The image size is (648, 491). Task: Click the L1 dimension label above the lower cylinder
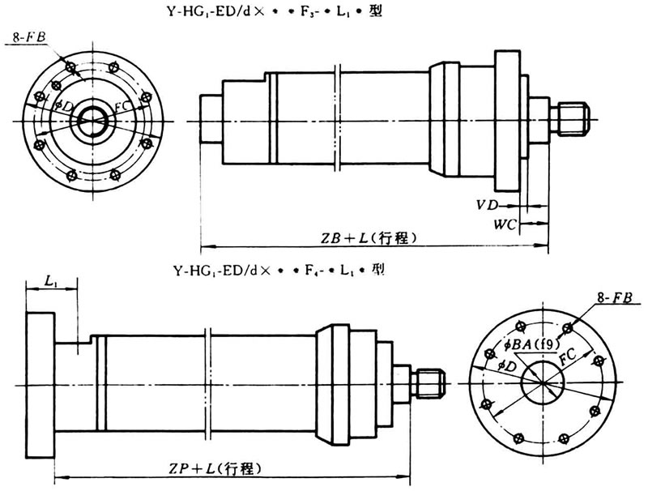tap(50, 282)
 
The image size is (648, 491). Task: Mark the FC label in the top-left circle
tap(122, 107)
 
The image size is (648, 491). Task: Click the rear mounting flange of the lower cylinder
tap(40, 384)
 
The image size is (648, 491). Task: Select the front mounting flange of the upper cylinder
tap(508, 120)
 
